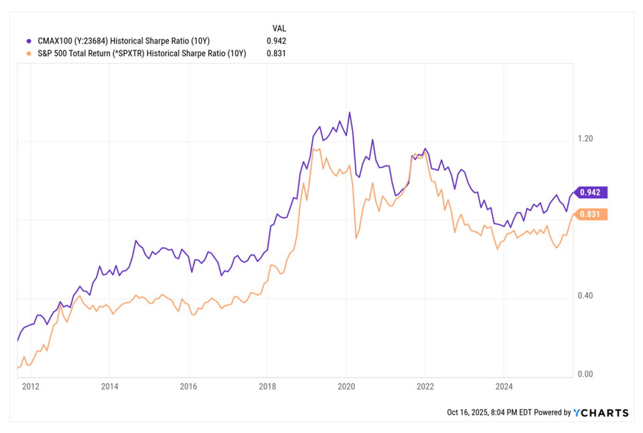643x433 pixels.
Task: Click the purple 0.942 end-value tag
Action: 591,192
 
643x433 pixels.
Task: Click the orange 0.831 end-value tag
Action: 591,214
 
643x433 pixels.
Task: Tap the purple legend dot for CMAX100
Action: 29,41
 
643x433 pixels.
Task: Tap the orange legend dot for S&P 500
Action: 29,54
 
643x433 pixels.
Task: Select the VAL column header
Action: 279,28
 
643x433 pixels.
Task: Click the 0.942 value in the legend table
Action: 277,41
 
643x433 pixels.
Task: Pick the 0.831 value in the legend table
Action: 277,54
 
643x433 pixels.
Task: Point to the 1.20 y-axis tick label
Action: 585,139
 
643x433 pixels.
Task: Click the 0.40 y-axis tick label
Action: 585,295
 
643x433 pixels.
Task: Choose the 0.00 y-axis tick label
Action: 585,374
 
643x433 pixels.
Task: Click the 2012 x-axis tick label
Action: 31,386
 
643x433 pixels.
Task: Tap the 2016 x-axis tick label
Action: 189,386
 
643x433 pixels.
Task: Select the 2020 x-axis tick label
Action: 346,386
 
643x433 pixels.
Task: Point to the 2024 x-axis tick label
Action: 504,386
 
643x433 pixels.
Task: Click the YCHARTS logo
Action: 601,412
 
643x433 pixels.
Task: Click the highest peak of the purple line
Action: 350,112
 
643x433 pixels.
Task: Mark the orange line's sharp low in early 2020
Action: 356,238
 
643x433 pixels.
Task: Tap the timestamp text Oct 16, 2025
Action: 467,412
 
